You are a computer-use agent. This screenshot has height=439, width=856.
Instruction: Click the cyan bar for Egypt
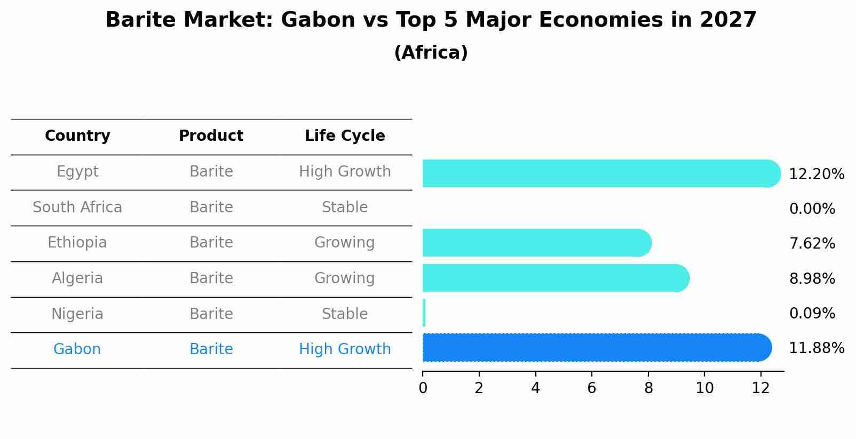click(601, 173)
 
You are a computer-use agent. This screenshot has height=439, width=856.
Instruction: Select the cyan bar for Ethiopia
click(537, 243)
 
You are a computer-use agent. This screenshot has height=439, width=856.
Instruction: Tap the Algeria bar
click(556, 278)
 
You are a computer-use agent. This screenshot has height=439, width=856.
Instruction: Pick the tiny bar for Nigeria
click(424, 313)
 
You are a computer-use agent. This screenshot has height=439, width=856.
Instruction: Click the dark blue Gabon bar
click(597, 348)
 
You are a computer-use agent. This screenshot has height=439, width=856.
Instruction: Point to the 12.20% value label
click(817, 174)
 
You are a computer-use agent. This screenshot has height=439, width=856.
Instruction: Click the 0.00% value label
click(812, 209)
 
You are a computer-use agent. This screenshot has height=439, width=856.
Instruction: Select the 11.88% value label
click(817, 348)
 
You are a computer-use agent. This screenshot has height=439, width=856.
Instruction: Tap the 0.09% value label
click(812, 313)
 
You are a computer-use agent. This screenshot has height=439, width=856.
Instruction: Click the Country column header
click(77, 136)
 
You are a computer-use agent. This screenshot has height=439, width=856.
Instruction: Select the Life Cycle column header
click(345, 136)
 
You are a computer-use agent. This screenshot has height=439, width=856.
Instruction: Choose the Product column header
click(211, 135)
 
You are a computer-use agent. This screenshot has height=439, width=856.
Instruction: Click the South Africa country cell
click(77, 207)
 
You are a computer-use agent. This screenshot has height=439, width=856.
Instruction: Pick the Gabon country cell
click(77, 349)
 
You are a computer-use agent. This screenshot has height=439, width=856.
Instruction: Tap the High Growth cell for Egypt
click(345, 172)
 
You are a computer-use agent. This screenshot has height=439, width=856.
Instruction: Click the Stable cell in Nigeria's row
click(345, 314)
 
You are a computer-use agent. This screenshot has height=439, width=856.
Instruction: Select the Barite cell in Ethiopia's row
click(211, 243)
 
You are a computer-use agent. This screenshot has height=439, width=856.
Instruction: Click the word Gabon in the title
click(318, 20)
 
